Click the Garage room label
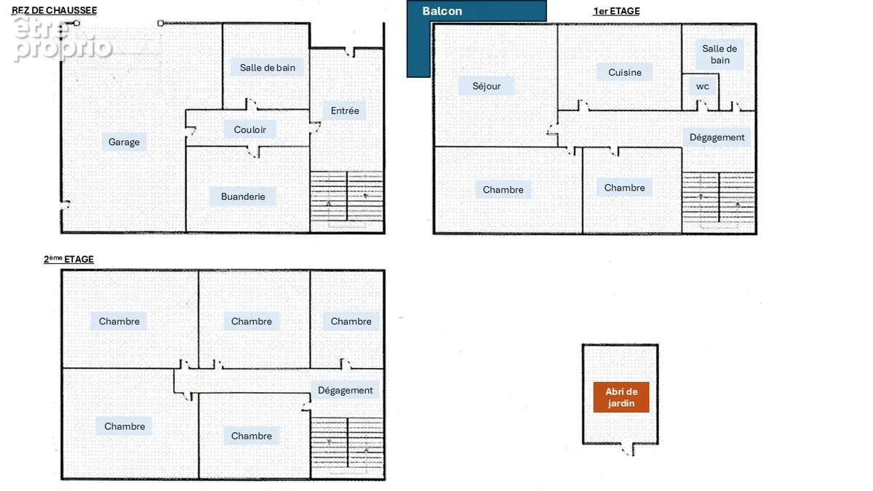tap(124, 143)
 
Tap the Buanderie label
tap(243, 196)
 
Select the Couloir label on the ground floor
tap(250, 129)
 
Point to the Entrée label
tap(345, 111)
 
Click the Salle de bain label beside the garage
tap(268, 68)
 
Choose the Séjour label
tap(487, 86)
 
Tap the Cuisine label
tap(624, 73)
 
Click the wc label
tap(702, 87)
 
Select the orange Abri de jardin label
tap(621, 397)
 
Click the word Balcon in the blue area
tap(442, 11)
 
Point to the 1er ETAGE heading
tap(616, 12)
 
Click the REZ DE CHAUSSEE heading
tap(54, 10)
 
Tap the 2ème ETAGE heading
tap(68, 259)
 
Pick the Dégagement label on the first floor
tap(717, 137)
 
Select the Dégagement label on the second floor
tap(345, 391)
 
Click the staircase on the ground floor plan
tap(347, 199)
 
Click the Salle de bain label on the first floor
tap(719, 55)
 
